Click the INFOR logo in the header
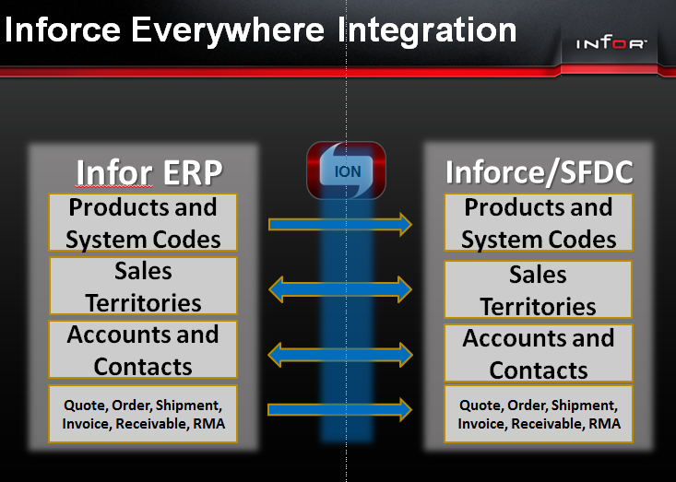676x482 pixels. pyautogui.click(x=612, y=44)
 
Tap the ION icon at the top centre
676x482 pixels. pyautogui.click(x=345, y=170)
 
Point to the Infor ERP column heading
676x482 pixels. pyautogui.click(x=149, y=171)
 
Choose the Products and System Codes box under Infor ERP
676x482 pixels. pyautogui.click(x=143, y=223)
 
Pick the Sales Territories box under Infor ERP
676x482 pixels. pyautogui.click(x=143, y=287)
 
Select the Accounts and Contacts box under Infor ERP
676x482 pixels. pyautogui.click(x=143, y=350)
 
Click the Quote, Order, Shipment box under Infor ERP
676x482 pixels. pyautogui.click(x=143, y=414)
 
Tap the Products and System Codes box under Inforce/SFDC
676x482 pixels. pyautogui.click(x=539, y=223)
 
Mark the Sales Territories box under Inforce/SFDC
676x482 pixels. pyautogui.click(x=539, y=289)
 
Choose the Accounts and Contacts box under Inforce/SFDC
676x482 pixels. pyautogui.click(x=539, y=354)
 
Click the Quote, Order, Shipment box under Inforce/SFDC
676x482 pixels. pyautogui.click(x=539, y=414)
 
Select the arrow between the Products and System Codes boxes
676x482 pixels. pyautogui.click(x=340, y=224)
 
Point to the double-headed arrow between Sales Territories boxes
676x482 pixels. pyautogui.click(x=340, y=290)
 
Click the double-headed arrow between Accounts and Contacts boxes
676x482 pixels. pyautogui.click(x=340, y=353)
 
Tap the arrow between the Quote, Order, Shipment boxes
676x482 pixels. pyautogui.click(x=340, y=409)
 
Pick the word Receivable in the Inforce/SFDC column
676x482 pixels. pyautogui.click(x=546, y=424)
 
